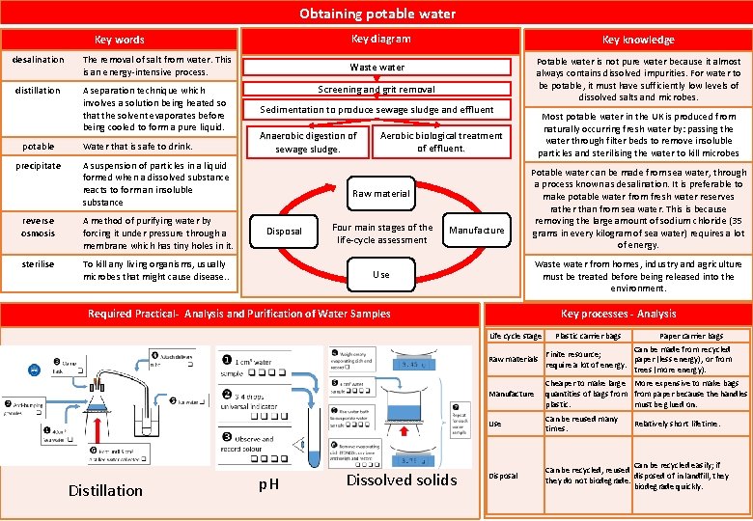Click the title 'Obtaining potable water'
[376, 14]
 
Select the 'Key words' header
[120, 40]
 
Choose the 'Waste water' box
[376, 68]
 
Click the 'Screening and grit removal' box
[376, 89]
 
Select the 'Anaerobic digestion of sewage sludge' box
[308, 142]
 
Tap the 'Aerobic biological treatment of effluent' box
[441, 142]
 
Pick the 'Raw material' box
[380, 193]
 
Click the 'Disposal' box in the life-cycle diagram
[285, 231]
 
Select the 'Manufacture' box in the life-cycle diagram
[477, 230]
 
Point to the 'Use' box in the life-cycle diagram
[381, 274]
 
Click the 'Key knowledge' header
[638, 40]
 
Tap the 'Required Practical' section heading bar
[239, 314]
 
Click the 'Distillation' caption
[105, 490]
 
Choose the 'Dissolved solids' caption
[402, 480]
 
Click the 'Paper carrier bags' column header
[690, 336]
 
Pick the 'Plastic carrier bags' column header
[587, 336]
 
